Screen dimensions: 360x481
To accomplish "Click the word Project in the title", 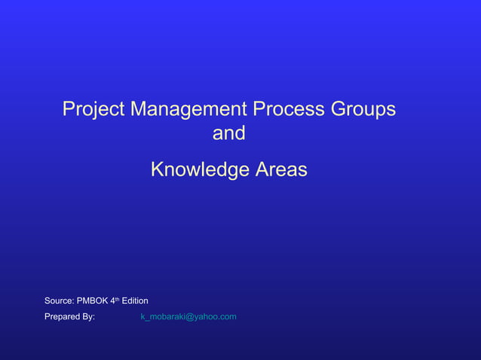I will [93, 109].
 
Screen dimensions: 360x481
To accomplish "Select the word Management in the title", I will [188, 109].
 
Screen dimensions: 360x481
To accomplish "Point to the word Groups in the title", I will [363, 109].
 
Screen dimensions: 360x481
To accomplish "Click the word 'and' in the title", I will [229, 133].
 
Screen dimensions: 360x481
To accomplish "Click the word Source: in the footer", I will [59, 301].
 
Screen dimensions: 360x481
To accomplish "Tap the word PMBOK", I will [93, 301].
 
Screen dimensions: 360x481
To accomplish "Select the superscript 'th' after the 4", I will [118, 299].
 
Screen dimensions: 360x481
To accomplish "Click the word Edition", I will [135, 301].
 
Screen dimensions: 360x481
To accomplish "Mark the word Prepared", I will [62, 316].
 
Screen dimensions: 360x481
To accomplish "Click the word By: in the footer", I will [88, 316].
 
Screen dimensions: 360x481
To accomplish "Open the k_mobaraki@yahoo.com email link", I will [188, 316].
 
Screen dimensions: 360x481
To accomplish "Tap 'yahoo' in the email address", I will [207, 317].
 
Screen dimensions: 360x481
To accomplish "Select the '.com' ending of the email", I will [228, 316].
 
